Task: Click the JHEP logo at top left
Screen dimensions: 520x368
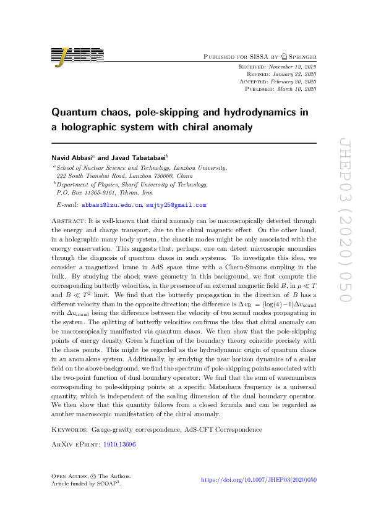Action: pyautogui.click(x=77, y=56)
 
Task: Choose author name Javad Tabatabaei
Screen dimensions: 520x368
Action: pyautogui.click(x=130, y=158)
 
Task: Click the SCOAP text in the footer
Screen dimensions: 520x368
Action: pyautogui.click(x=108, y=484)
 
